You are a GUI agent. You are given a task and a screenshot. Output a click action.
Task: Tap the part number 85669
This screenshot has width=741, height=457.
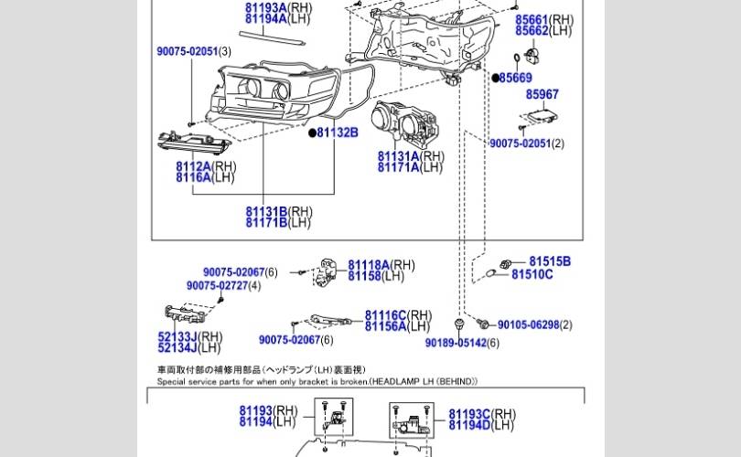515,79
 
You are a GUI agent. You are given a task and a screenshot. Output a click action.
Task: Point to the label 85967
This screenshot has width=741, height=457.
542,94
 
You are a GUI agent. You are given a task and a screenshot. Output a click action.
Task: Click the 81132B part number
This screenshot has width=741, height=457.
338,133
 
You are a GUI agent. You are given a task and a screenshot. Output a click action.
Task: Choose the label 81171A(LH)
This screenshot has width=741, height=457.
410,167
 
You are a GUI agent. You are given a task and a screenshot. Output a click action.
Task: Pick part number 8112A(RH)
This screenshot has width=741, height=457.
206,166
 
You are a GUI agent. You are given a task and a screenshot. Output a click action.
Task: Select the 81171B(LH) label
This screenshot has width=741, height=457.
278,222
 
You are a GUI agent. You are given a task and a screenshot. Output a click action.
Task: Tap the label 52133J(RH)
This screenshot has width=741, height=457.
189,337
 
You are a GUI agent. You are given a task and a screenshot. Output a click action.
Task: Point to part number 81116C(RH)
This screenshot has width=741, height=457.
398,315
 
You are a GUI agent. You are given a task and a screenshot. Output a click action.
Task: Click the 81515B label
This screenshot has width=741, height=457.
550,261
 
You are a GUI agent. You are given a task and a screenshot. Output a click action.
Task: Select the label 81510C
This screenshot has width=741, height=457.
532,274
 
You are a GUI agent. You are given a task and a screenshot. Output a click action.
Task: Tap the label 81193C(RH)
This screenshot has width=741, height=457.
482,414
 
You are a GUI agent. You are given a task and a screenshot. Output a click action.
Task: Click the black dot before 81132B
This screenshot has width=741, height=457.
312,133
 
